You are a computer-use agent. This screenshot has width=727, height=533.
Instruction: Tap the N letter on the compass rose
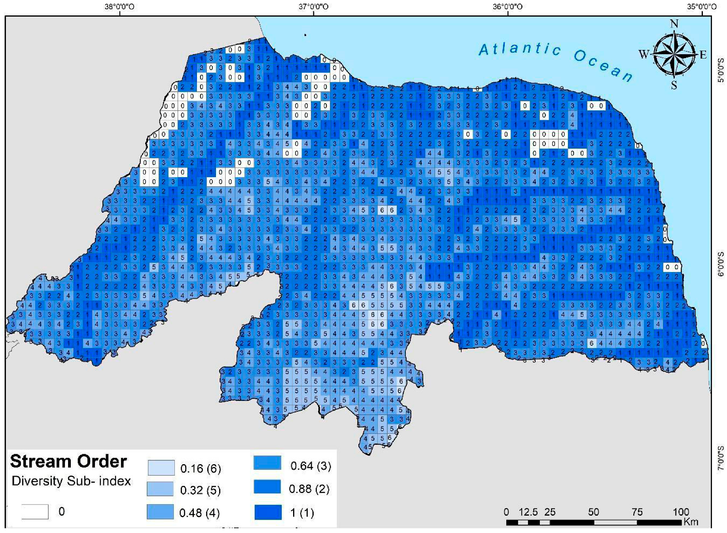(x=674, y=24)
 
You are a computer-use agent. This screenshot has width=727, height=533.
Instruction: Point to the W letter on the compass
(x=644, y=54)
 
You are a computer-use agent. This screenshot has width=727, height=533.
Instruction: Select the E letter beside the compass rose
(x=703, y=55)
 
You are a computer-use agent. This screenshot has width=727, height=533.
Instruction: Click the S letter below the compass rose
(x=674, y=85)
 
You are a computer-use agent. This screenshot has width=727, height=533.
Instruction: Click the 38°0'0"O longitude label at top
(x=119, y=6)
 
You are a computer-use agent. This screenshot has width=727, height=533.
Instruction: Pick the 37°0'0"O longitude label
(x=313, y=6)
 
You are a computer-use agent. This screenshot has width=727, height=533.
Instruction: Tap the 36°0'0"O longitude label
(x=507, y=6)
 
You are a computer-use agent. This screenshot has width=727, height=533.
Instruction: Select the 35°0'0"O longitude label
(x=702, y=6)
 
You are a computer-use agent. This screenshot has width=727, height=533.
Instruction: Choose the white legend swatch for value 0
(x=35, y=512)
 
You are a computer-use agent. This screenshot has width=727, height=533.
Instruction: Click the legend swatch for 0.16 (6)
(x=161, y=468)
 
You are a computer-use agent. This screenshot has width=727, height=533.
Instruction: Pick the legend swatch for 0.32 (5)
(x=160, y=489)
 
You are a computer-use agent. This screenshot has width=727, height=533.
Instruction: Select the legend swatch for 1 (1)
(x=268, y=512)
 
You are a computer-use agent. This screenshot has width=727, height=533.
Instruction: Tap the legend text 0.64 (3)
(x=310, y=466)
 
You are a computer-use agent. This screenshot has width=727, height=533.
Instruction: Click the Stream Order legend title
(x=68, y=461)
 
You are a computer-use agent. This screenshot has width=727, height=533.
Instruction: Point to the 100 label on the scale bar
(x=681, y=512)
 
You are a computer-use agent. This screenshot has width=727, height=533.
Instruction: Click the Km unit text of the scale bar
(x=691, y=522)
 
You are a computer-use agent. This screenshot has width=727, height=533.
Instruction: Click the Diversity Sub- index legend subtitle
(x=71, y=481)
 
